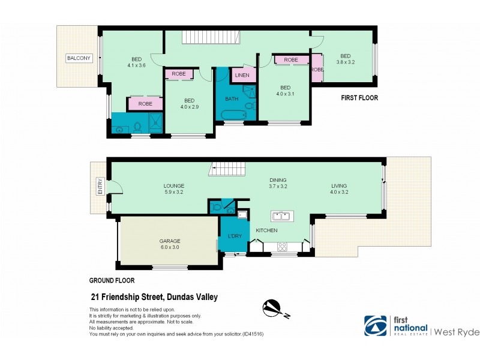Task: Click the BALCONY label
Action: coord(79,58)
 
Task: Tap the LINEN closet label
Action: coord(242,75)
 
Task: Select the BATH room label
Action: coord(232,98)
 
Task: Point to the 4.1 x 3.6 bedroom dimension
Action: coord(136,67)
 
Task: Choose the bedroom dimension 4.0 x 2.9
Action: coord(189,107)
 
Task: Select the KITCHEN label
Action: coord(267,230)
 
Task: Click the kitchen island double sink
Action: coord(281,215)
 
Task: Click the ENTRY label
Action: coord(100,187)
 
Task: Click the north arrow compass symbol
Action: coord(276,308)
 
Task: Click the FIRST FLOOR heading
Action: coord(359,98)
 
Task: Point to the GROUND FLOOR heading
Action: coord(112,280)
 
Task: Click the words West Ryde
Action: coord(454,331)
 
